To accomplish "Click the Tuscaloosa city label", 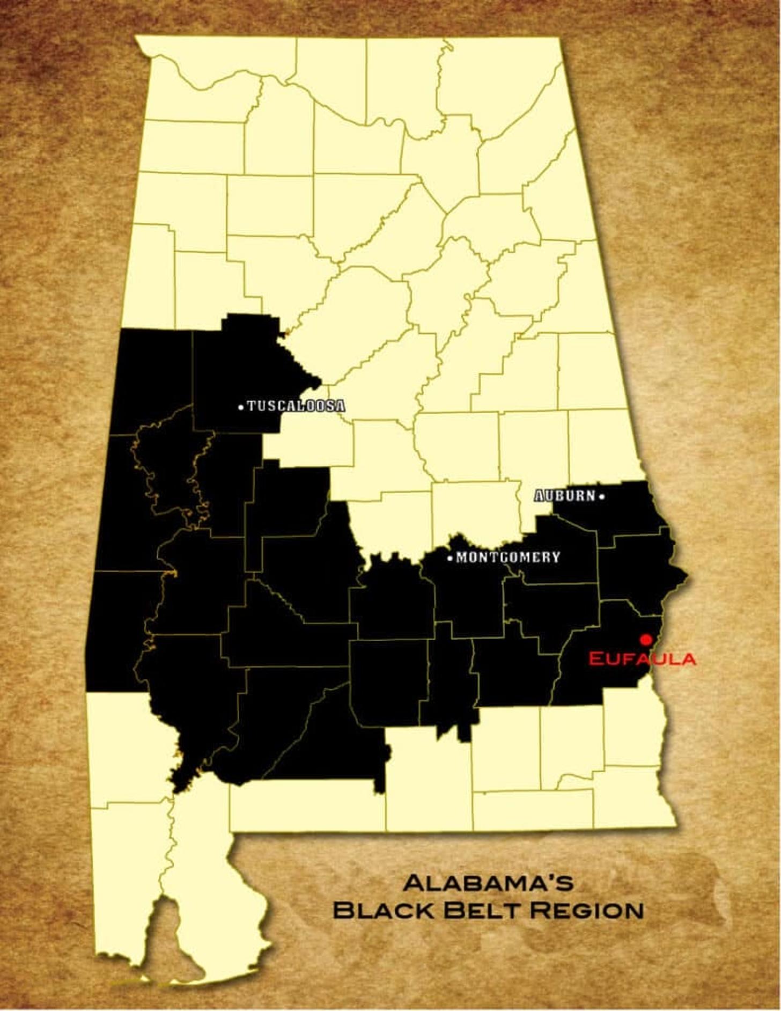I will click(x=296, y=406).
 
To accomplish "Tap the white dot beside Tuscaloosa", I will click(x=240, y=407).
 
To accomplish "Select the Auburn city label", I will click(x=565, y=496).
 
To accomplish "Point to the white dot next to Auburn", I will click(x=602, y=497).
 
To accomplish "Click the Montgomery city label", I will click(x=507, y=558).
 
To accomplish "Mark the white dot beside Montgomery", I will click(x=450, y=559).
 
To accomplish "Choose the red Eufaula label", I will click(x=642, y=658).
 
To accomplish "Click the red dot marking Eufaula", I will click(x=646, y=639).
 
